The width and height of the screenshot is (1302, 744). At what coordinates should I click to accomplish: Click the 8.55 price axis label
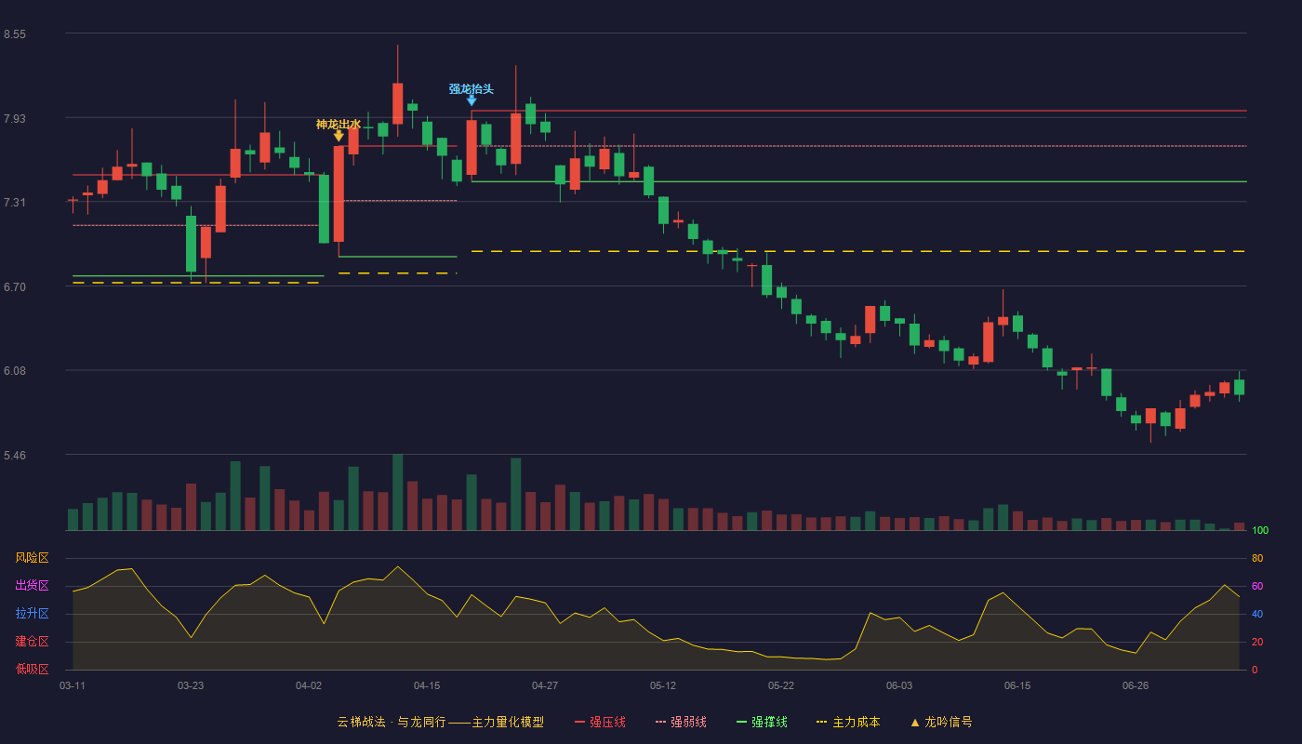[15, 34]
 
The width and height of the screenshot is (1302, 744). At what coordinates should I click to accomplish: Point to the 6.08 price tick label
[15, 371]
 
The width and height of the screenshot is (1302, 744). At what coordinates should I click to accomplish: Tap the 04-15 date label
[427, 686]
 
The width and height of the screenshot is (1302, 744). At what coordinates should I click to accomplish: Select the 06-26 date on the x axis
[1136, 686]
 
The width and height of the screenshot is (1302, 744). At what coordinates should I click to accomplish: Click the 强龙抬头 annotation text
[471, 89]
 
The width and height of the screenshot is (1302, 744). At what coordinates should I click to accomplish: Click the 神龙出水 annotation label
[339, 125]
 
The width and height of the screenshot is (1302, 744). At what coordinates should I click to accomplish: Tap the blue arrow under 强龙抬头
[472, 101]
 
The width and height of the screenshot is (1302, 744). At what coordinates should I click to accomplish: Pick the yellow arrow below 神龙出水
[339, 136]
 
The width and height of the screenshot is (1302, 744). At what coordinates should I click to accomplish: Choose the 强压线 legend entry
[600, 722]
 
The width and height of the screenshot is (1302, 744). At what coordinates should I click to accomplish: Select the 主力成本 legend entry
[848, 722]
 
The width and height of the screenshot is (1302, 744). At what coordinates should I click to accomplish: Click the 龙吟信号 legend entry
[941, 722]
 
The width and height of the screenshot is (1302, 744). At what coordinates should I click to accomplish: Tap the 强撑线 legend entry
[762, 722]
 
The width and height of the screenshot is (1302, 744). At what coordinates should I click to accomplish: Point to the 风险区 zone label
[32, 558]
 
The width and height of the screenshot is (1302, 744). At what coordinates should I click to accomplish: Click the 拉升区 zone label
[32, 614]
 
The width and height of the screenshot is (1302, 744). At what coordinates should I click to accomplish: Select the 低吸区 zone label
[32, 670]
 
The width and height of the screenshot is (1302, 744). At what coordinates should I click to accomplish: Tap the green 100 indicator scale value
[1260, 530]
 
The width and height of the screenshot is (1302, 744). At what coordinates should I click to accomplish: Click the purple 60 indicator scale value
[1257, 586]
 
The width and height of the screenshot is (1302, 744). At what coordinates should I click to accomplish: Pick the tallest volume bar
[398, 492]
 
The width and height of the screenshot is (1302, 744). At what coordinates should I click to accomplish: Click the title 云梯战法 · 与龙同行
[392, 722]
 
